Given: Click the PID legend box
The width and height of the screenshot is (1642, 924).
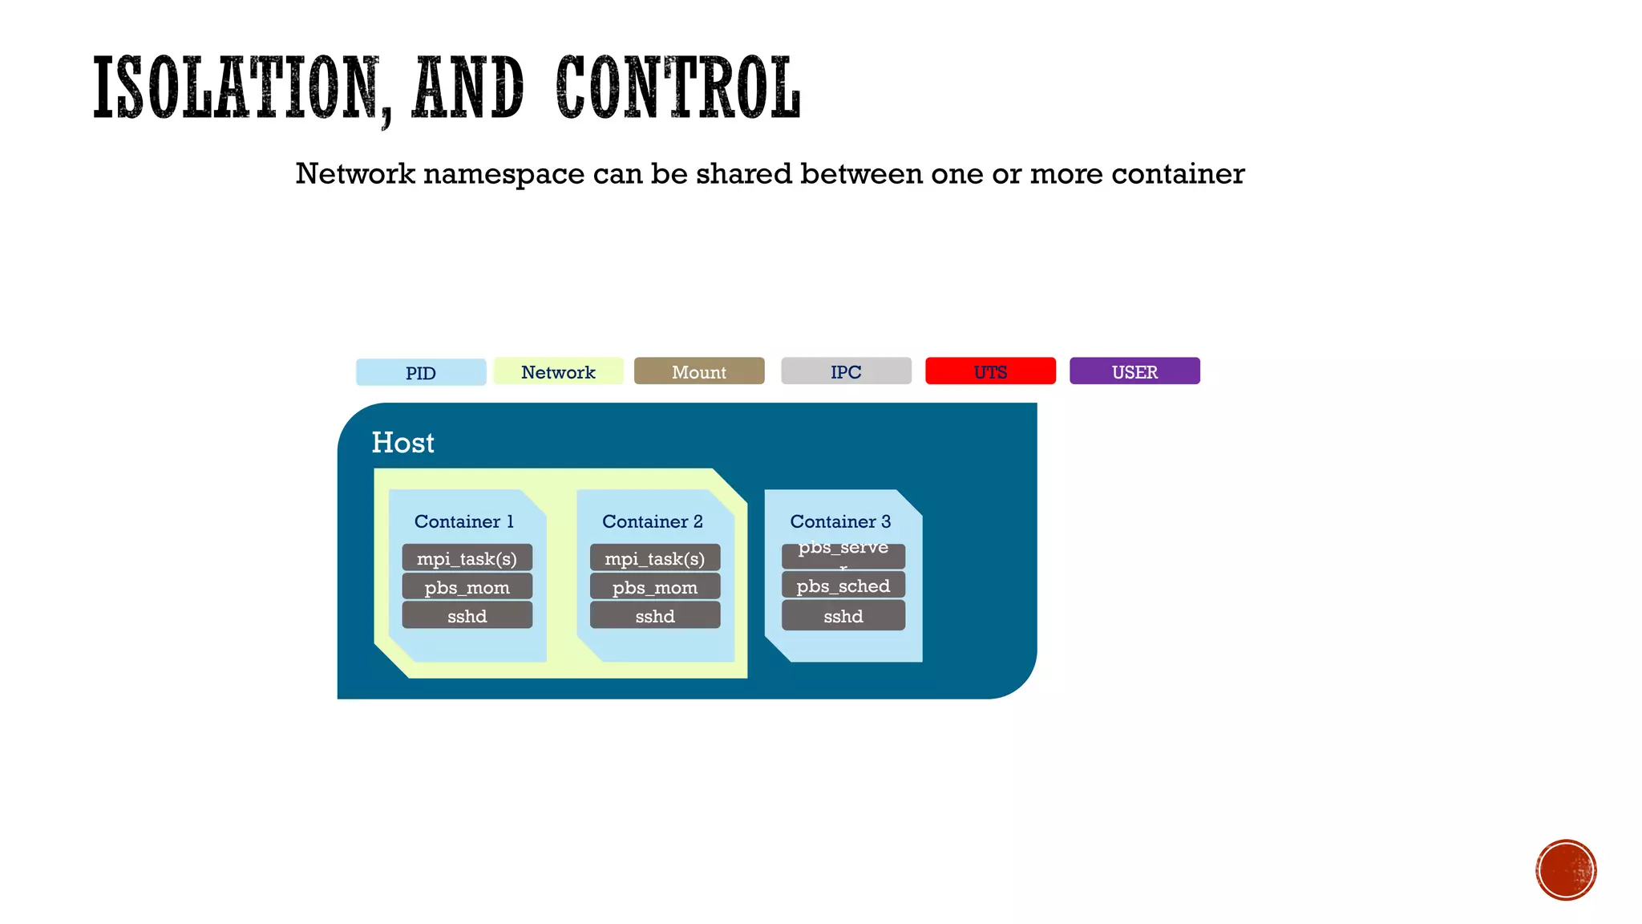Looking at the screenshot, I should [x=421, y=372].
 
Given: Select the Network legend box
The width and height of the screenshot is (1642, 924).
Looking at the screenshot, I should [x=558, y=371].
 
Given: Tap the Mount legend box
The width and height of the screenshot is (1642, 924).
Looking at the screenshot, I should [x=699, y=371].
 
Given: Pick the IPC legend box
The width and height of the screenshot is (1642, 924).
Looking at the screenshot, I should [x=846, y=371].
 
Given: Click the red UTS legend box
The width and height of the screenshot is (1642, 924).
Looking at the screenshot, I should [x=990, y=371].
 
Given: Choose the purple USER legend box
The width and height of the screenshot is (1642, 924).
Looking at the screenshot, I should [x=1134, y=371].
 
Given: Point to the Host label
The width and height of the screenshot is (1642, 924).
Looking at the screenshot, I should [x=402, y=443].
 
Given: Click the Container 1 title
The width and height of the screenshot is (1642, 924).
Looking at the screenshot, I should [x=463, y=521].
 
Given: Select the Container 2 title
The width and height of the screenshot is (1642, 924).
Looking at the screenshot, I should [x=652, y=521].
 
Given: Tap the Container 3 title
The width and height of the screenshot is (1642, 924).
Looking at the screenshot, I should [x=840, y=521].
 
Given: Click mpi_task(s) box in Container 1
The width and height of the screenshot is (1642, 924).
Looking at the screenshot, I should [x=467, y=558].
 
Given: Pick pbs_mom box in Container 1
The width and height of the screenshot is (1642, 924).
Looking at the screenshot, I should [x=467, y=587].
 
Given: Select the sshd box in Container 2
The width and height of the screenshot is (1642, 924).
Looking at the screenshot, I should [x=655, y=616].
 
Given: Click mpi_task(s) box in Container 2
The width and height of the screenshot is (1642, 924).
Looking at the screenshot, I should [x=655, y=558].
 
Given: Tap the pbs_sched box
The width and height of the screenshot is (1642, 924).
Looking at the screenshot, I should [x=843, y=586].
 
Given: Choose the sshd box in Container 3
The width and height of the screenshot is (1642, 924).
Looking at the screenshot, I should [x=843, y=616].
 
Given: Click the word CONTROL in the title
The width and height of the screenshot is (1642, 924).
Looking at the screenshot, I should [x=677, y=88].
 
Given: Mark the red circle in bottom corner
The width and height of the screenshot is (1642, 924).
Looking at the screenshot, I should [x=1566, y=870].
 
